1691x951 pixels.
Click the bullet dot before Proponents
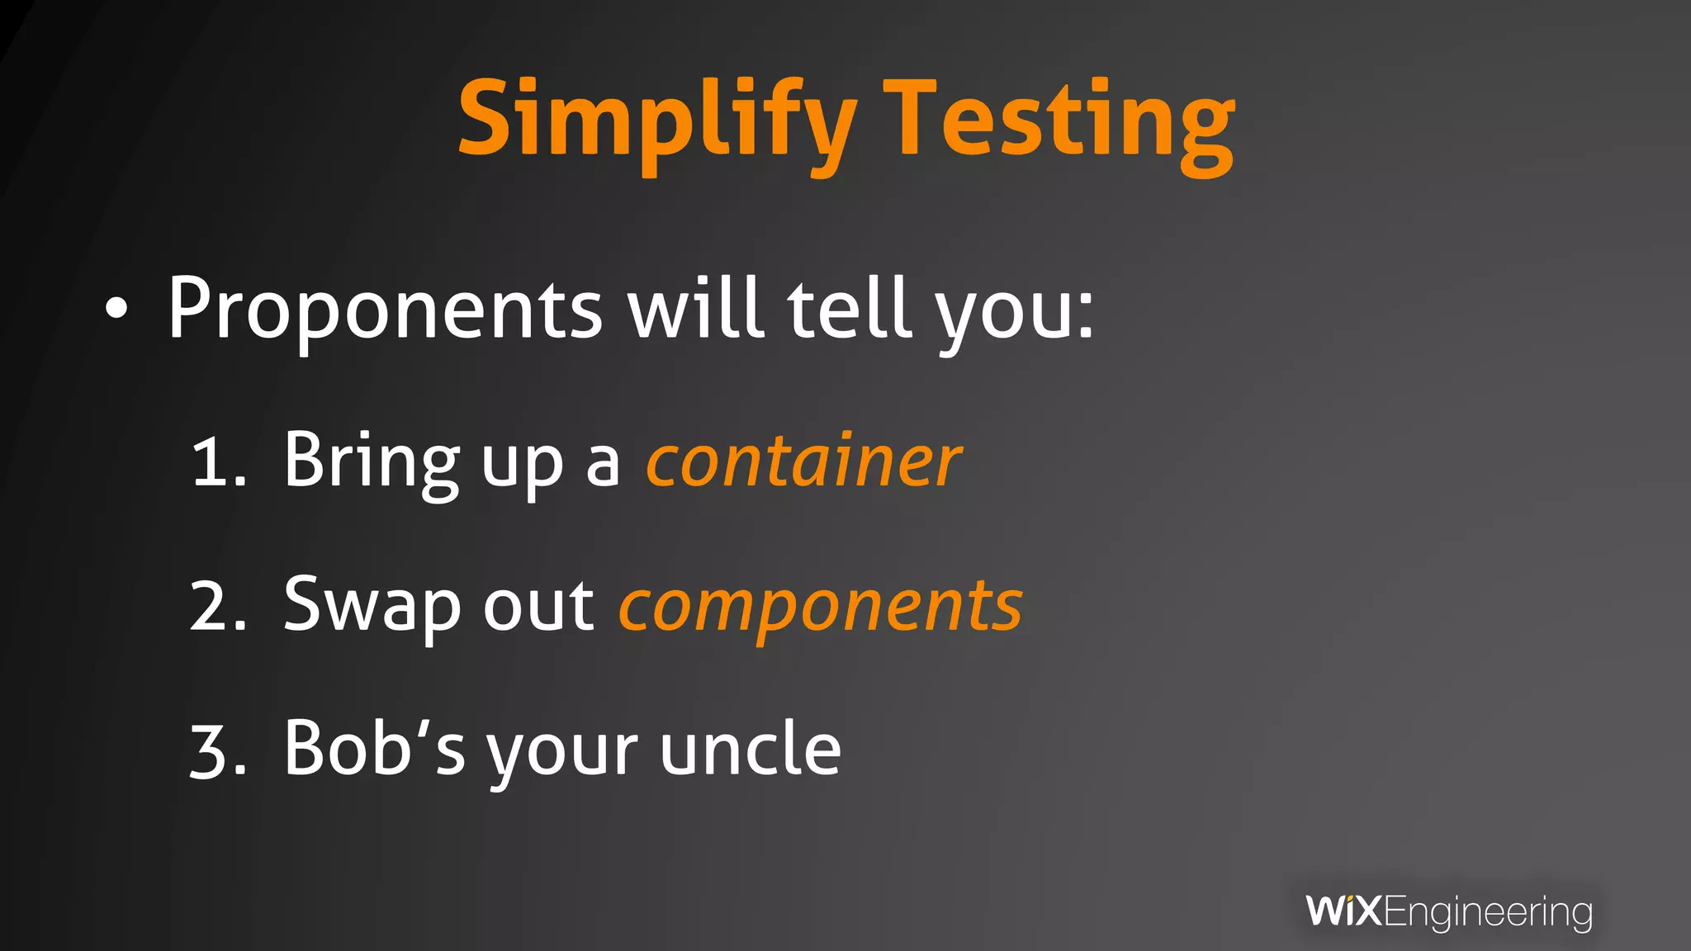[x=117, y=309]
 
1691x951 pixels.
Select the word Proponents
[x=385, y=309]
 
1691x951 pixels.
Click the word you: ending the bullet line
[x=1016, y=312]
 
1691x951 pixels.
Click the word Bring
[x=372, y=461]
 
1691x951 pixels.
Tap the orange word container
[x=803, y=461]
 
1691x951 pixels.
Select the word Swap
[x=372, y=606]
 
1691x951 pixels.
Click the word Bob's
[x=375, y=750]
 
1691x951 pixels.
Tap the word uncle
[x=750, y=750]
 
